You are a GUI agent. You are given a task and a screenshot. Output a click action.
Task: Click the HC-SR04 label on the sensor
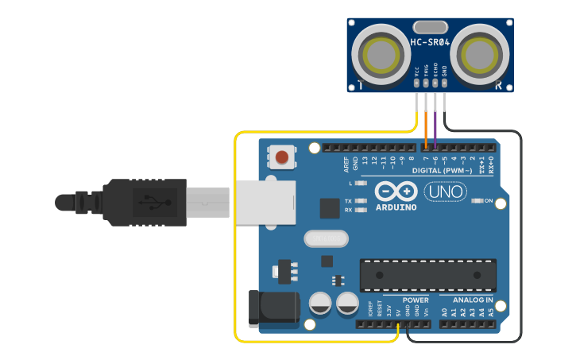[x=430, y=42]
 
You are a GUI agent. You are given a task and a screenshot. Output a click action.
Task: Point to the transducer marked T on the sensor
[x=382, y=54]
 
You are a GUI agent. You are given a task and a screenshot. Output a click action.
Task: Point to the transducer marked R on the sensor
[x=480, y=54]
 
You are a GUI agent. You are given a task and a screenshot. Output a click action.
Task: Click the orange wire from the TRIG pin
[x=426, y=127]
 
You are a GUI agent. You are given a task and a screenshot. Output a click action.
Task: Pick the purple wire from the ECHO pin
[x=435, y=127]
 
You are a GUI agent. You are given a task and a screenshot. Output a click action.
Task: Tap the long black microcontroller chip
[x=428, y=275]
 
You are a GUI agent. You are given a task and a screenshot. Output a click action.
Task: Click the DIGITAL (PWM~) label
[x=442, y=171]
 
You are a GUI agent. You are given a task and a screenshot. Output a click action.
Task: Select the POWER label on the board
[x=415, y=300]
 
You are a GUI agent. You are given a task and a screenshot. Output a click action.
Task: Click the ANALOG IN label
[x=473, y=300]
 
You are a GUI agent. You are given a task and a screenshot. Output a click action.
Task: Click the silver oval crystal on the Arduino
[x=326, y=238]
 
